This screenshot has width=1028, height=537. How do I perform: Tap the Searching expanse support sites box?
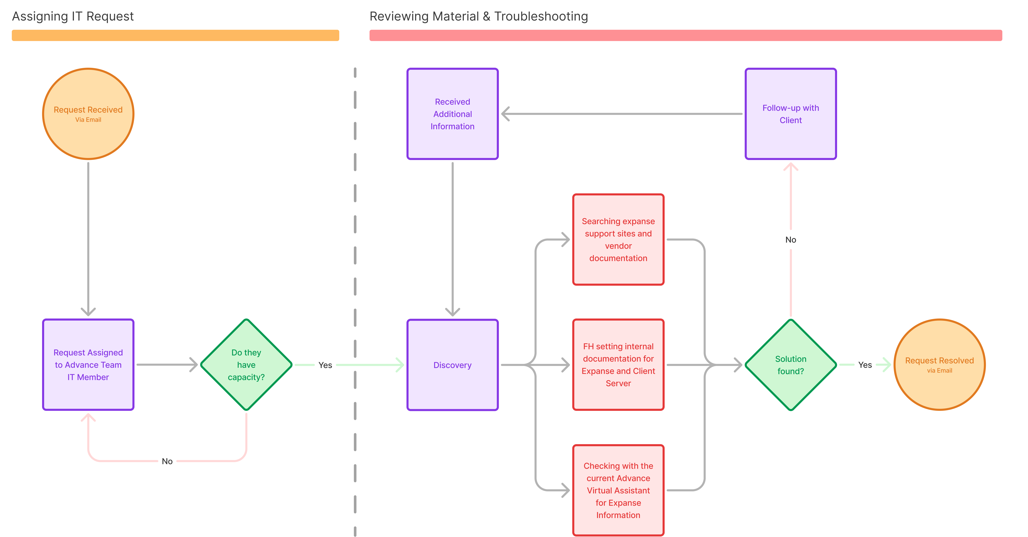pyautogui.click(x=618, y=240)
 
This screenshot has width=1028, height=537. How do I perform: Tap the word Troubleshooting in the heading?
pyautogui.click(x=541, y=16)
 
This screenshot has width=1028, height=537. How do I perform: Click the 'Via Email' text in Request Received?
pyautogui.click(x=88, y=120)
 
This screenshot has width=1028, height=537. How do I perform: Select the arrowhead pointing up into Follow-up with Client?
pyautogui.click(x=791, y=167)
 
